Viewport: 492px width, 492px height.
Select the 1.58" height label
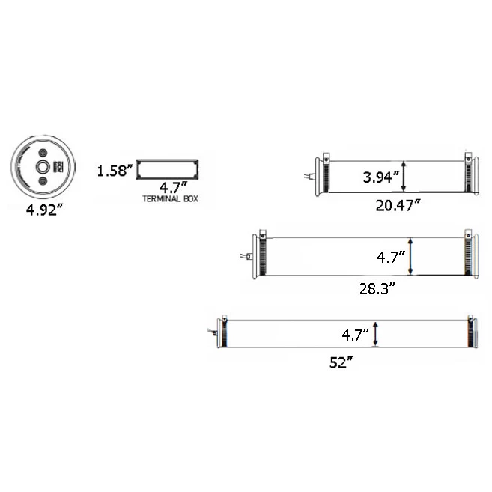115,171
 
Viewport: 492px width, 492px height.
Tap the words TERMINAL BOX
171,199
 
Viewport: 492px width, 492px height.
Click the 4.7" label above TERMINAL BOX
173,188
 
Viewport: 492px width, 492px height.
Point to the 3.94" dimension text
381,177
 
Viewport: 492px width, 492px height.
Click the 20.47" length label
398,205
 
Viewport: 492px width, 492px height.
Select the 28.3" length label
377,288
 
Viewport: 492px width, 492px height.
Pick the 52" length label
341,362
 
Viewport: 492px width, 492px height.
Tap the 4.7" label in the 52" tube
356,335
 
